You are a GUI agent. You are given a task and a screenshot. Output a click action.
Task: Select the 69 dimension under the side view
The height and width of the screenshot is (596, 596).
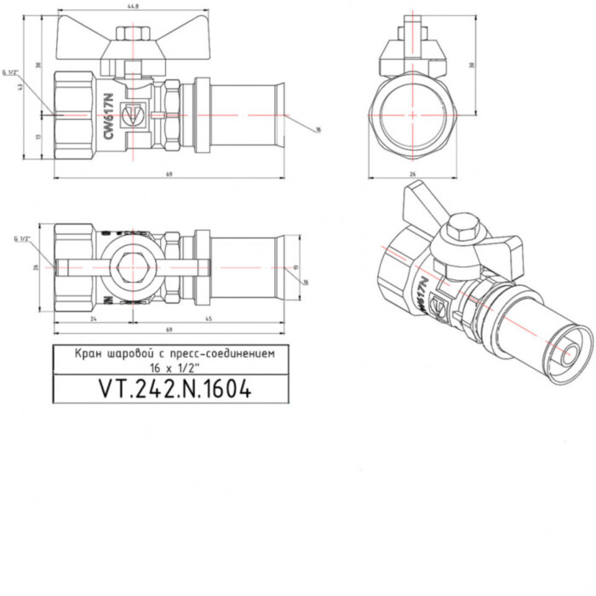pos(169,175)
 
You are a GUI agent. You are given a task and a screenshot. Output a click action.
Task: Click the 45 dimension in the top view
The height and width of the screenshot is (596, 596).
pos(208,319)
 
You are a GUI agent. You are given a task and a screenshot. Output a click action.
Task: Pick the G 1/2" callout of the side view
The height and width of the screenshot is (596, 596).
pos(12,74)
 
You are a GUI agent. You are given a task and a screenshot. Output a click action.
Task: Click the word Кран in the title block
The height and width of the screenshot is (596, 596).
pos(89,351)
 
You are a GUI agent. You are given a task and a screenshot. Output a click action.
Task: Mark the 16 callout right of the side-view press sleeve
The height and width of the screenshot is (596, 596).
pos(316,129)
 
